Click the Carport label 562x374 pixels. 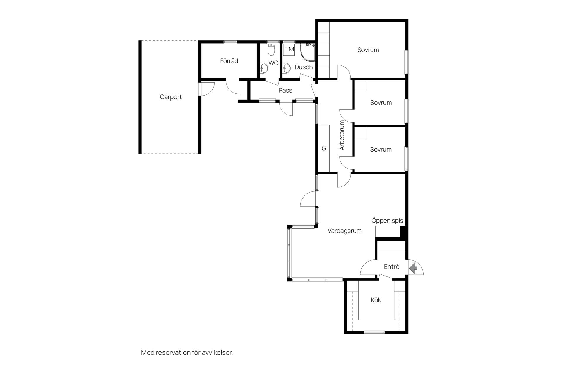[171, 97]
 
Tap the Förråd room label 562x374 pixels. [229, 61]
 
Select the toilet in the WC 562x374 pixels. [272, 50]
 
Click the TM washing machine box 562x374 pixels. [289, 49]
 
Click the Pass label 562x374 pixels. [285, 91]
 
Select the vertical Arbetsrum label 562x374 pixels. [342, 135]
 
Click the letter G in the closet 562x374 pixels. [324, 148]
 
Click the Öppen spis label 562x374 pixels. [387, 221]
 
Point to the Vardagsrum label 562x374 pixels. [345, 231]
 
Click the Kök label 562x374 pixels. [376, 300]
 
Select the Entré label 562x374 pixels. [391, 266]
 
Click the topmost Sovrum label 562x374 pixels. [368, 50]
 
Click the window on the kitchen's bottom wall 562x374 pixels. [374, 332]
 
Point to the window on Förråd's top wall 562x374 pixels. [230, 42]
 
